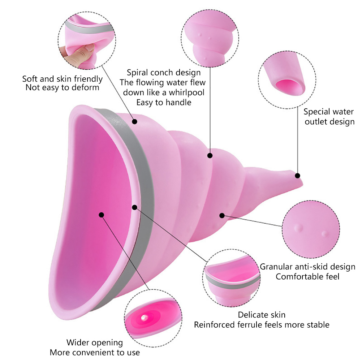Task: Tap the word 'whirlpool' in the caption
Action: click(185, 92)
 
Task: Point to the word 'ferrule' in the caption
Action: click(251, 324)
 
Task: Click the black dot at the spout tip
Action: click(297, 176)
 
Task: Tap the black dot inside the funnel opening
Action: click(101, 215)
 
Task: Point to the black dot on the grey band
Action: click(134, 207)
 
